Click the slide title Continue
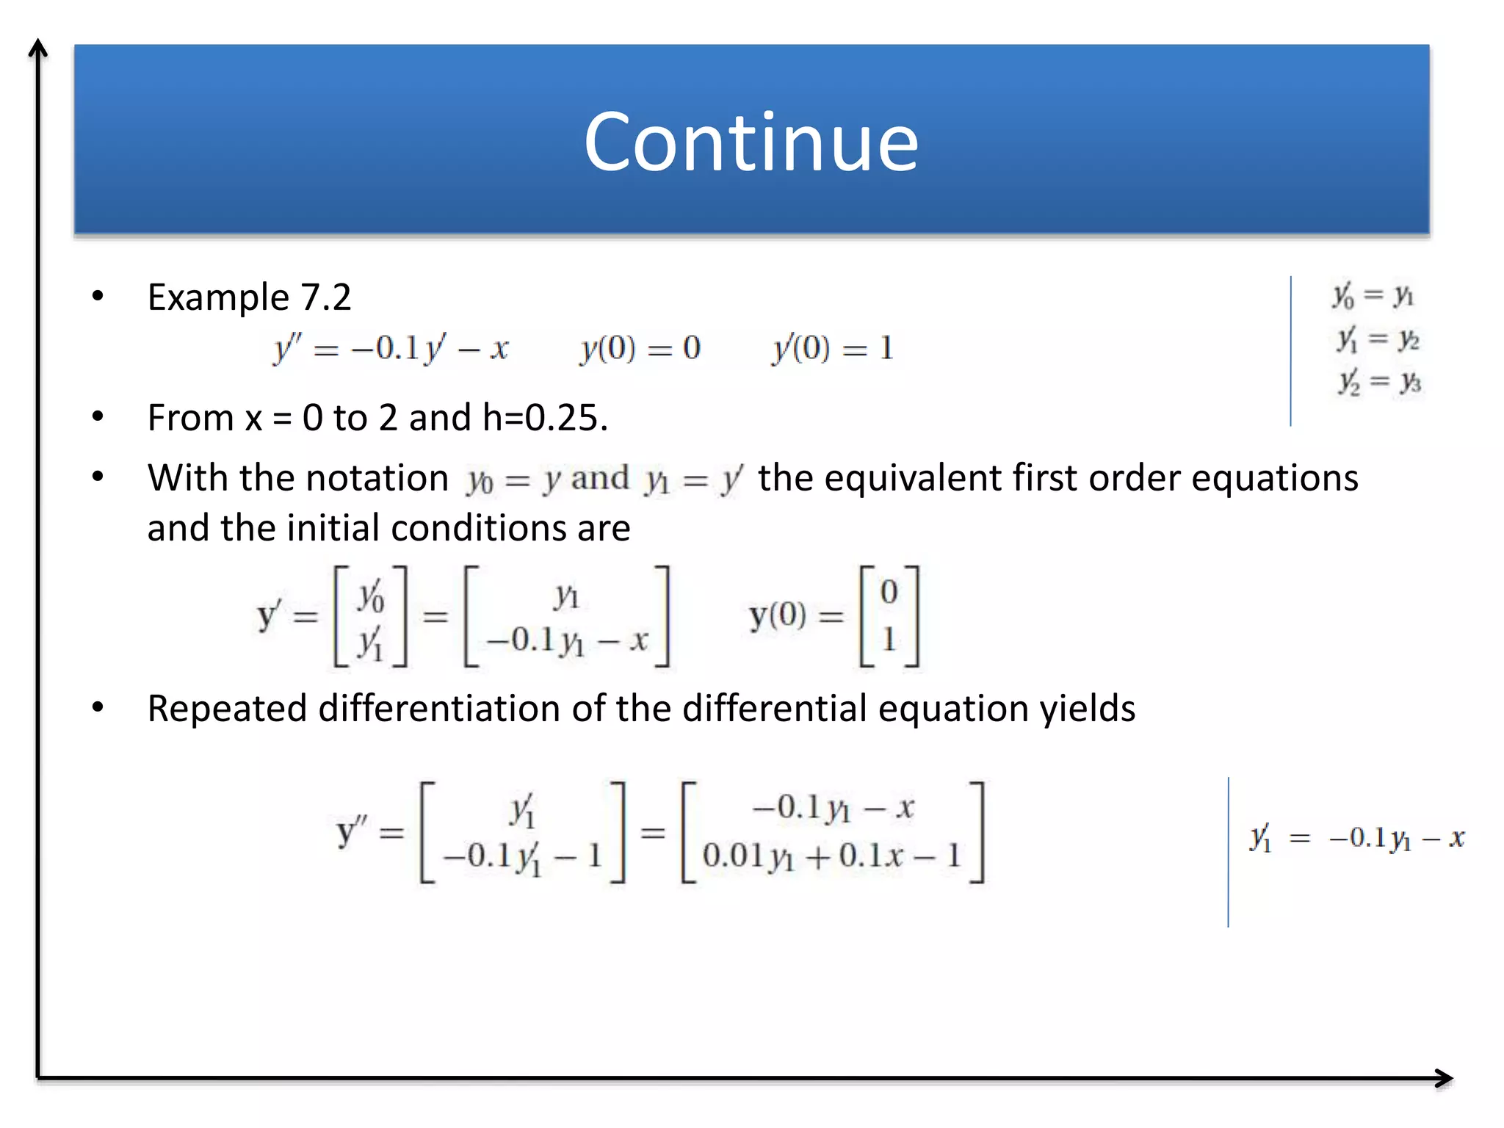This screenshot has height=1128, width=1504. [x=751, y=142]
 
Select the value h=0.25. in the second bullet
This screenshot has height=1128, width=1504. [x=545, y=418]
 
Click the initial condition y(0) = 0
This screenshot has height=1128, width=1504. [x=640, y=348]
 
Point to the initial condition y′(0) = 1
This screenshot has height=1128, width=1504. [x=833, y=348]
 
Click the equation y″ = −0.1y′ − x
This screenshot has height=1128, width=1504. [x=391, y=348]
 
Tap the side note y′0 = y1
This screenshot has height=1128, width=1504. [x=1373, y=295]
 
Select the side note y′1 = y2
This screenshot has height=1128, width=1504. [x=1378, y=339]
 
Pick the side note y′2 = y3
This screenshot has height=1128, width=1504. [x=1379, y=382]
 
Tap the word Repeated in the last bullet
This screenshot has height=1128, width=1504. [x=227, y=709]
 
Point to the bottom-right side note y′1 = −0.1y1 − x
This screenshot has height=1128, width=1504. [x=1357, y=838]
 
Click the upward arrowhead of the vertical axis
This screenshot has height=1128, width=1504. [x=38, y=48]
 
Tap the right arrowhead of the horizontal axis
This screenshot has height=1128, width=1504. [x=1445, y=1078]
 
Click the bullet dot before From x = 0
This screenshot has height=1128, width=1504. [x=98, y=416]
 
